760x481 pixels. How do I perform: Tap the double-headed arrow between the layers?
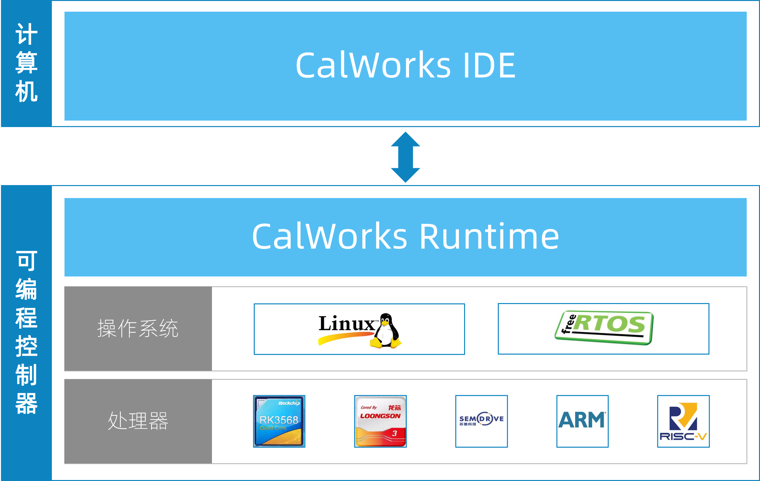point(405,157)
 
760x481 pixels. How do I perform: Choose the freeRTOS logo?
point(603,328)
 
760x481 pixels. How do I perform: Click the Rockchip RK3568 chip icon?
point(279,421)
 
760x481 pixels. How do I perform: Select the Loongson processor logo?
point(380,421)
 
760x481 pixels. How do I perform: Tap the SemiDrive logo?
point(481,421)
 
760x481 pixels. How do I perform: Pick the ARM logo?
point(582,421)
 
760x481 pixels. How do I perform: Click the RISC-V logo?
point(683,421)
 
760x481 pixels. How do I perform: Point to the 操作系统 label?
point(138,328)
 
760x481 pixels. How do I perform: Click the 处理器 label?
point(138,421)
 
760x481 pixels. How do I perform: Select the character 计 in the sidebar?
point(26,34)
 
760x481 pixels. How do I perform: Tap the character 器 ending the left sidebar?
point(26,404)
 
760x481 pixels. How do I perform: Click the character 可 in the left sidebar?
point(26,261)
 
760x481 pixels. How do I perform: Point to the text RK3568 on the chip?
point(279,420)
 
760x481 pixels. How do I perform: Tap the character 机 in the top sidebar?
point(26,91)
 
